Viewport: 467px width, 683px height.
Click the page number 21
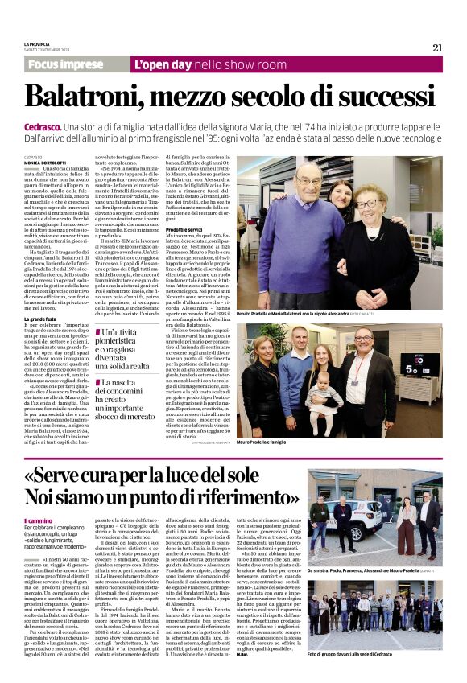click(437, 47)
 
